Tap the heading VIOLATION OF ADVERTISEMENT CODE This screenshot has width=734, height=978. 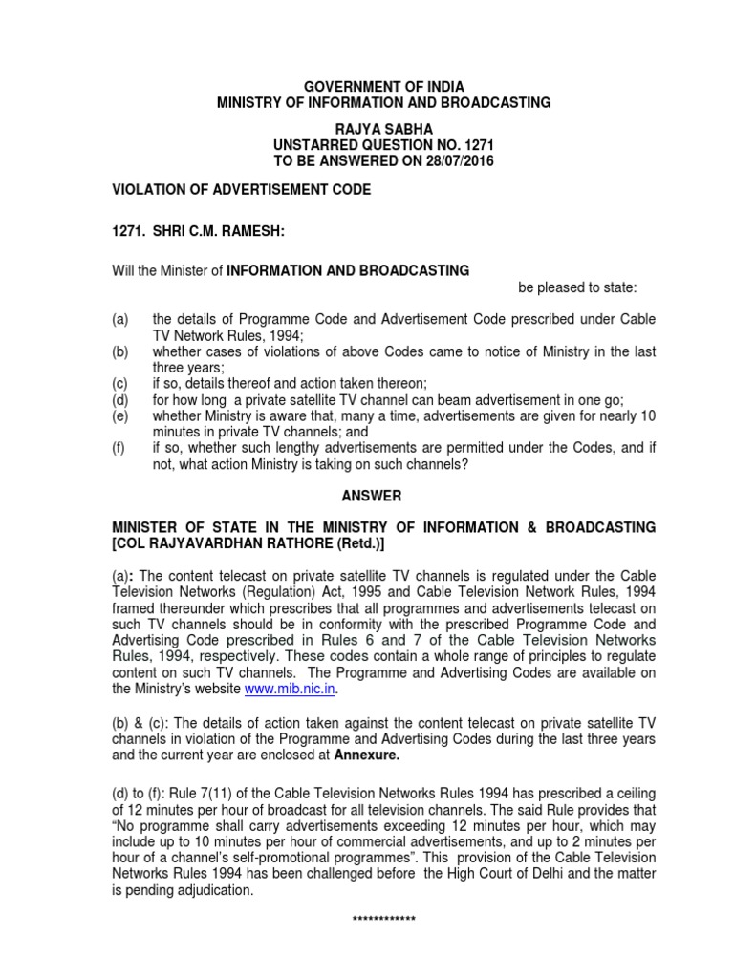(x=242, y=191)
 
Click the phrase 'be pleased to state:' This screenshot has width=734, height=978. (x=577, y=287)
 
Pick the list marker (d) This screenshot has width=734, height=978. (x=120, y=396)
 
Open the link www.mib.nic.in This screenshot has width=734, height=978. (x=291, y=688)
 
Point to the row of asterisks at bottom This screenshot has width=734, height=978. (x=383, y=920)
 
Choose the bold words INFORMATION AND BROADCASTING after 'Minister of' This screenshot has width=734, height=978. (x=347, y=270)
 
